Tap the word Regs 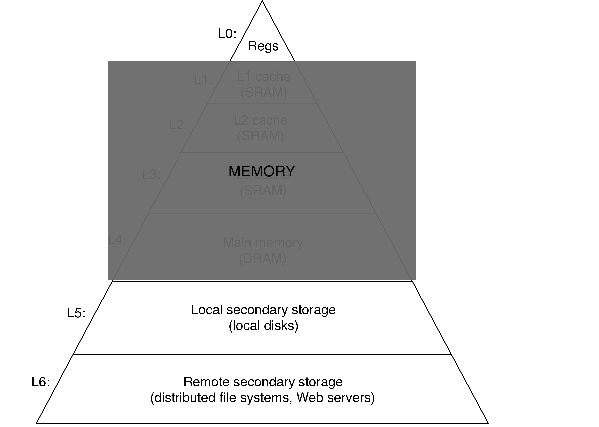[x=263, y=46]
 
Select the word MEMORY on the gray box [x=262, y=171]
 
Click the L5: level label [x=76, y=313]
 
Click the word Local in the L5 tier [x=207, y=310]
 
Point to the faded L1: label [x=203, y=80]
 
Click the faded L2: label [x=178, y=125]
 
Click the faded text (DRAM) [x=263, y=258]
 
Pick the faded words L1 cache [x=264, y=76]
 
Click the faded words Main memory [x=263, y=242]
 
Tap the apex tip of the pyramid [x=262, y=1]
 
